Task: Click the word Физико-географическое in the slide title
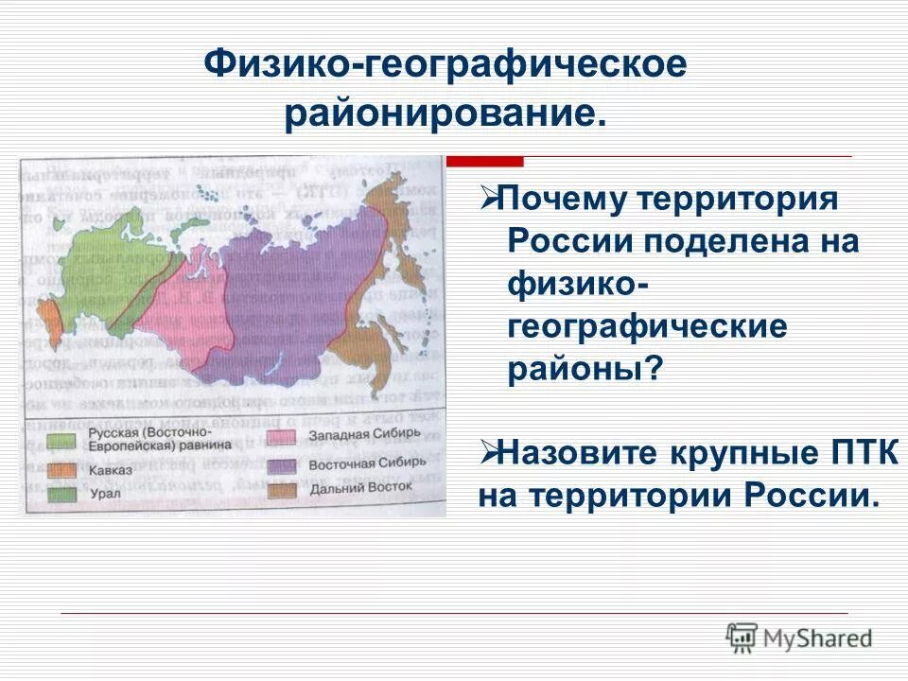[x=445, y=66]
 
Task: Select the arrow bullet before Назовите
[x=489, y=453]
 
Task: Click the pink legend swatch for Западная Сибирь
[x=282, y=437]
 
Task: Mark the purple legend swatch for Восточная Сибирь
[x=282, y=464]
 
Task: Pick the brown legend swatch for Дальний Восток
[x=282, y=489]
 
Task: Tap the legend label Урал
[x=104, y=494]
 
